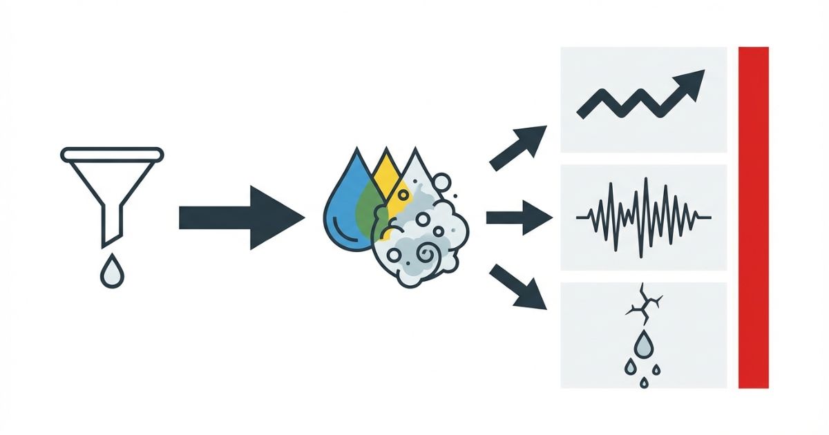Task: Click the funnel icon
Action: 112,186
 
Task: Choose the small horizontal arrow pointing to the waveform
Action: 518,218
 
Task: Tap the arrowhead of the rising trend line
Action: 691,83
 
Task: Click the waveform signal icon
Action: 643,217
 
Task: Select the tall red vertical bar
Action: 753,217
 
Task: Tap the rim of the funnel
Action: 112,154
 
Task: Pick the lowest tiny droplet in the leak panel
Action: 644,382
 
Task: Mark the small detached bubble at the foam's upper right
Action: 443,182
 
